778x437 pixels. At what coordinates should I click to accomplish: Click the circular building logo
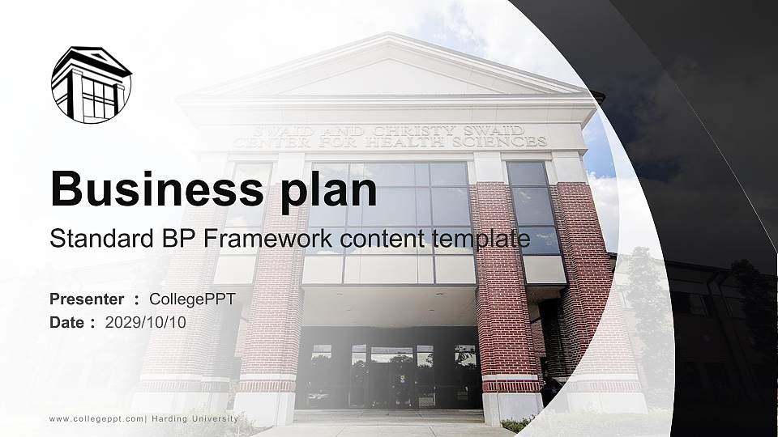[92, 84]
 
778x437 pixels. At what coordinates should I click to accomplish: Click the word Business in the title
[154, 189]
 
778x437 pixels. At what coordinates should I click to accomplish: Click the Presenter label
[87, 299]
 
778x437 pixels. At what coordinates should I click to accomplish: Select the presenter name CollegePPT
[192, 299]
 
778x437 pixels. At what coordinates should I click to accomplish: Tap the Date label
[67, 322]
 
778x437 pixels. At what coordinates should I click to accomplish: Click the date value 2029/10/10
[145, 322]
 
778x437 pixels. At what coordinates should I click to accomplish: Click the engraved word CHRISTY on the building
[413, 130]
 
